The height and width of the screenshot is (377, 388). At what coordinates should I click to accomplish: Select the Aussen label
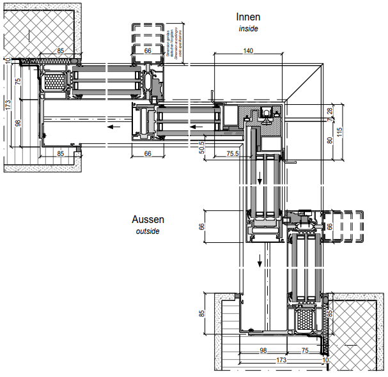[148, 219]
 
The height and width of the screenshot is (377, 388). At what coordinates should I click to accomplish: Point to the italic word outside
[148, 231]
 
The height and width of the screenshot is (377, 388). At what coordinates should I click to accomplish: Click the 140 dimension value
[249, 50]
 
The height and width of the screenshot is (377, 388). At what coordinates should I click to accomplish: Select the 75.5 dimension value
[233, 154]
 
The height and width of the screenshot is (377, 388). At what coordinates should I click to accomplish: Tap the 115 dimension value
[339, 131]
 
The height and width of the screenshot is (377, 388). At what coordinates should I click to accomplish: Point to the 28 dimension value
[330, 111]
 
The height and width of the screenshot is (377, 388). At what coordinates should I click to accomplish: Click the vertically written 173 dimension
[7, 104]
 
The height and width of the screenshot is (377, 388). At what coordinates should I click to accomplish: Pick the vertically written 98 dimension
[18, 123]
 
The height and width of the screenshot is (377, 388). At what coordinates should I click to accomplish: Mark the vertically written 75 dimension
[18, 81]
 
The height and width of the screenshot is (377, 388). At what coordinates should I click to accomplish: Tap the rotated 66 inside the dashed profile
[330, 226]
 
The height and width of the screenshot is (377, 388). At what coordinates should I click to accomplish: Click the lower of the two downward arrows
[260, 261]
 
